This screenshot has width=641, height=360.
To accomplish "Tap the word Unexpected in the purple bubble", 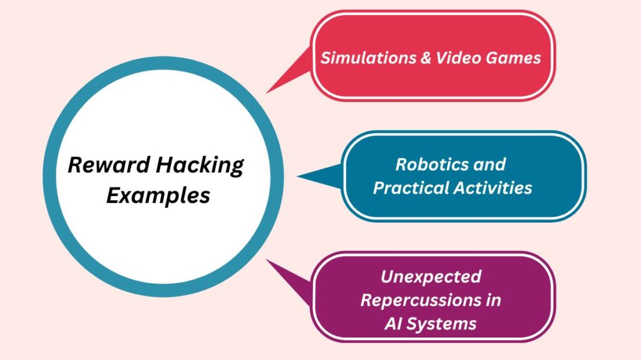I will (431, 276).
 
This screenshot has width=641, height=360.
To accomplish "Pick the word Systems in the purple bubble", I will (444, 323).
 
